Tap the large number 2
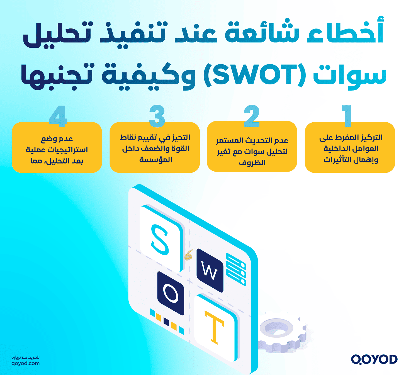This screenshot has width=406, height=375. click(x=251, y=116)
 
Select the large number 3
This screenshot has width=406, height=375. click(x=157, y=116)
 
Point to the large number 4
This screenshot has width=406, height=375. click(x=58, y=116)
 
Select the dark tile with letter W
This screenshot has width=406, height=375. click(x=210, y=271)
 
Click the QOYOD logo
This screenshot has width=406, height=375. click(x=374, y=359)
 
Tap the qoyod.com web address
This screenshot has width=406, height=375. click(x=26, y=363)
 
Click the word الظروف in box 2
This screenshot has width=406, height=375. click(x=252, y=163)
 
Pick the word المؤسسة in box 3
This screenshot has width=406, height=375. click(x=156, y=160)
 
